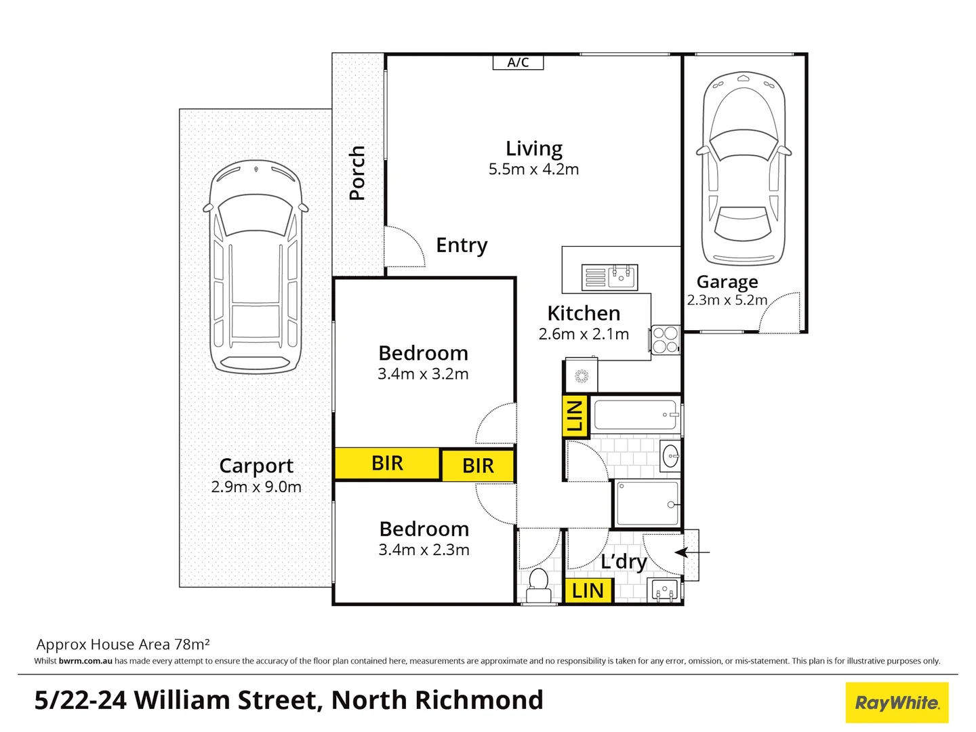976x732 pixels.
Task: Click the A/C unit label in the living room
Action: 518,62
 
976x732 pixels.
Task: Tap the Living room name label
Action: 534,148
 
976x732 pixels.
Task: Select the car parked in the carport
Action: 256,267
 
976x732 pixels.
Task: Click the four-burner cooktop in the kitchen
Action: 665,340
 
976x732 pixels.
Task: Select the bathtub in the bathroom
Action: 636,415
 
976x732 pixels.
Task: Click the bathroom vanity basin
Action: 670,456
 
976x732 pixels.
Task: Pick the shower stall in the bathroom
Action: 647,504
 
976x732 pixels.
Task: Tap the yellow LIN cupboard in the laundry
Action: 588,590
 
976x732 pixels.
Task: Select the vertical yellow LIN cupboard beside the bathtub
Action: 575,415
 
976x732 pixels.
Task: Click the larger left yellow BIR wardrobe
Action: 387,464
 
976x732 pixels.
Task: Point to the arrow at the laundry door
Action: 692,552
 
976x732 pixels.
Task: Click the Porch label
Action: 357,173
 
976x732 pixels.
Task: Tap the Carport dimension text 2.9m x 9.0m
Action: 256,487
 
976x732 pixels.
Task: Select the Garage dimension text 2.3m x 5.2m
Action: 727,300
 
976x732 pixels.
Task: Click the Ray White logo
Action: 897,703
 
